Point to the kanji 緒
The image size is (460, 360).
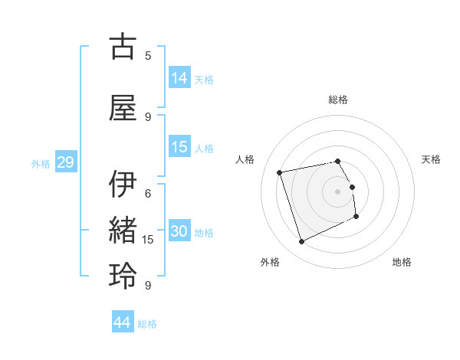click(x=123, y=231)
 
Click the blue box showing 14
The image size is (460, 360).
click(x=179, y=77)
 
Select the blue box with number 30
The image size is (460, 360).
click(x=179, y=231)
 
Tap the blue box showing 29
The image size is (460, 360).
click(x=65, y=162)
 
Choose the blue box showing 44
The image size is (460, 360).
click(x=123, y=322)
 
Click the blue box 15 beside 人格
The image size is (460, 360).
click(x=179, y=147)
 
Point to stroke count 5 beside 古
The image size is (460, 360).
click(x=148, y=55)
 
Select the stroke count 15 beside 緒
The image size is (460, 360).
click(x=148, y=240)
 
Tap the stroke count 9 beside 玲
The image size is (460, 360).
click(x=148, y=286)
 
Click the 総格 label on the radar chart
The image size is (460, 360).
click(x=338, y=100)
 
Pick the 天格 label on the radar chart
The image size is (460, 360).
click(x=432, y=159)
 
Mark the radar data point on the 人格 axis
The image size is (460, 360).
click(x=280, y=172)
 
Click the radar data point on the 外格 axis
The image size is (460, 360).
click(x=301, y=242)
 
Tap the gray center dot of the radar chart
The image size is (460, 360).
click(x=338, y=191)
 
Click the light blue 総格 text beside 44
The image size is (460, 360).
click(x=147, y=324)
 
